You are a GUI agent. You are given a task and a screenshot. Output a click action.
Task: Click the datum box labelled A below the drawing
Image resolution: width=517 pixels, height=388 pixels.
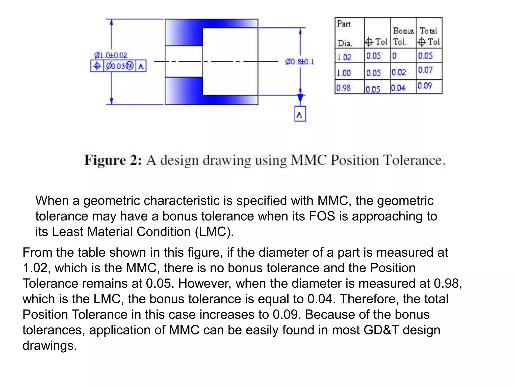(300, 114)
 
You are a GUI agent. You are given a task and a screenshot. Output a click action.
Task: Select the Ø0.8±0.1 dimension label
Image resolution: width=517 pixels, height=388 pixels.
(300, 62)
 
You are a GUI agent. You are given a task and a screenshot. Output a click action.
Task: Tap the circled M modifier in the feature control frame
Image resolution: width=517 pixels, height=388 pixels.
(130, 66)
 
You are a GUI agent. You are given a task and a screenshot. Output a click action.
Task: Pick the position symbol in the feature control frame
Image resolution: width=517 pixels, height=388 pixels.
(97, 66)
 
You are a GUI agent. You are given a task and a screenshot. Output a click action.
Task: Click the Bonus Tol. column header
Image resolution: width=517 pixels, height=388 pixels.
(403, 36)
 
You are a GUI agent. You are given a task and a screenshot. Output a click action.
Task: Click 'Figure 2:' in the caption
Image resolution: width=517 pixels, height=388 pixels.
(113, 160)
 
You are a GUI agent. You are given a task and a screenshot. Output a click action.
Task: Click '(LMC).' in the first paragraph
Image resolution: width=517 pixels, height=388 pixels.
(214, 232)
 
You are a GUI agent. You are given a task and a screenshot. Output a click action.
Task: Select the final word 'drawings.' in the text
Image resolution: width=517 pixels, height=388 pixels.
(49, 346)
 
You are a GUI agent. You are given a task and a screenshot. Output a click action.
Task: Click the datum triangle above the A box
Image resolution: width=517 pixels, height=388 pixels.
(300, 98)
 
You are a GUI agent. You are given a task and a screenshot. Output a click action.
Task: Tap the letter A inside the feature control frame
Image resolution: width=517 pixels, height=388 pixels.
(141, 66)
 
